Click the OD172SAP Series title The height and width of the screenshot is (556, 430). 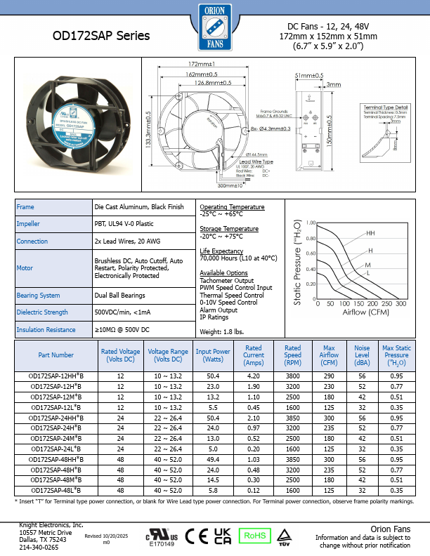pyautogui.click(x=101, y=35)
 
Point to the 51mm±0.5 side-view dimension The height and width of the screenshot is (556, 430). pyautogui.click(x=309, y=75)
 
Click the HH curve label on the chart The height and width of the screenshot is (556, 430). pyautogui.click(x=370, y=232)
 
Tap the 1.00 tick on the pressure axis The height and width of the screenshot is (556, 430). pyautogui.click(x=311, y=223)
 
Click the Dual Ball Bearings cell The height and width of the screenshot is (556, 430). pyautogui.click(x=119, y=296)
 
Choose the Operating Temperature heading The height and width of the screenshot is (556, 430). pyautogui.click(x=232, y=207)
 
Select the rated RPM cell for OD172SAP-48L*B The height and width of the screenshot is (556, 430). pyautogui.click(x=292, y=490)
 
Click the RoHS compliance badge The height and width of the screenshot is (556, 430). pyautogui.click(x=256, y=535)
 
